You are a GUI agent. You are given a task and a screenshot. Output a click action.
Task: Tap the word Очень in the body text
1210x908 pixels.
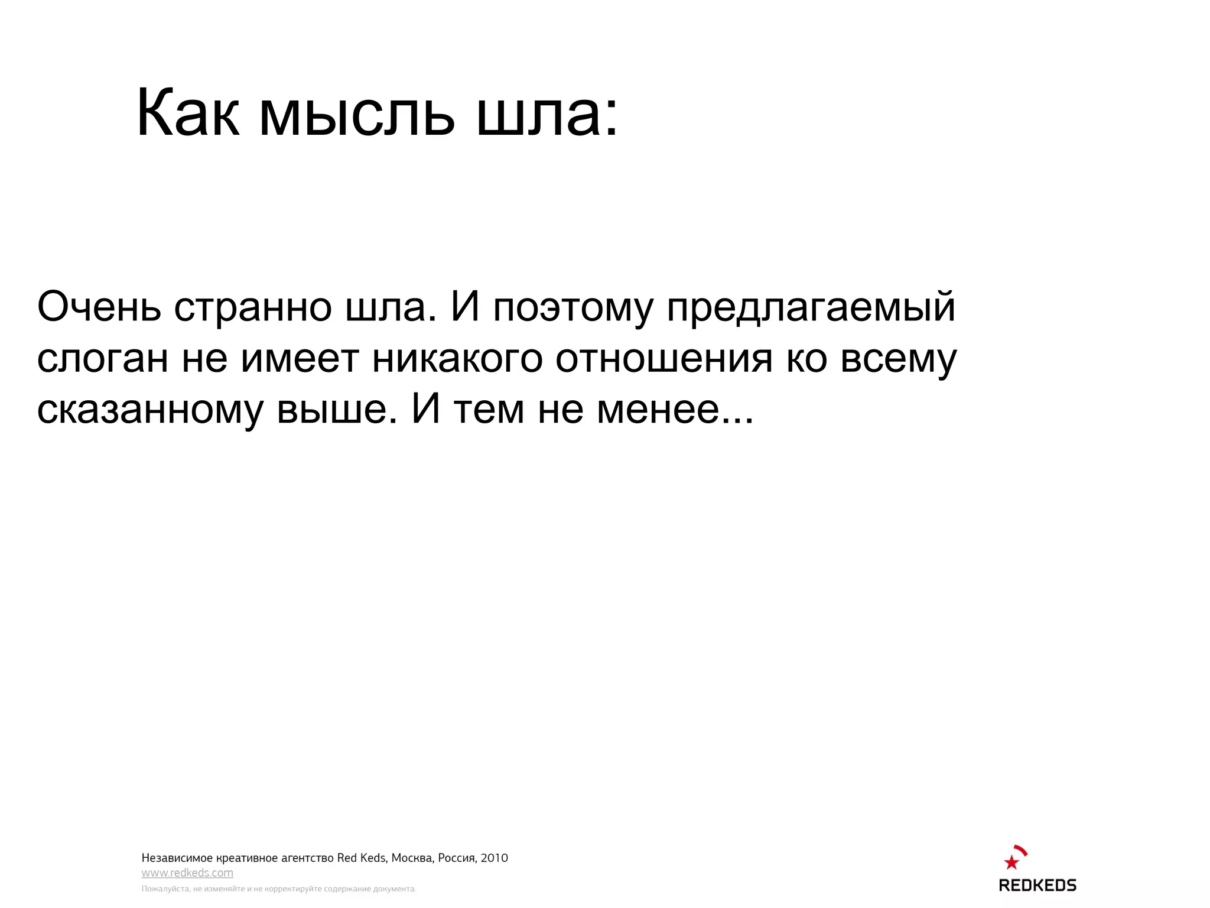point(99,307)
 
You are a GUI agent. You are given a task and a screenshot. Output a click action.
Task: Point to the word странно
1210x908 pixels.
point(253,307)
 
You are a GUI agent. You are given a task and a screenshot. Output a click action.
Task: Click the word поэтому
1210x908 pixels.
point(573,308)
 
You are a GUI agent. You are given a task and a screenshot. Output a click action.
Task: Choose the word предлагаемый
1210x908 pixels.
point(811,308)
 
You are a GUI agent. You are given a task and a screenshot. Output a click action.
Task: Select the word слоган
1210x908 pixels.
point(102,359)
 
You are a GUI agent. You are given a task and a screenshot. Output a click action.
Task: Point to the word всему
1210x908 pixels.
point(898,359)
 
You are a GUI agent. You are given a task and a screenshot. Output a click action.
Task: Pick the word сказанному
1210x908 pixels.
point(149,410)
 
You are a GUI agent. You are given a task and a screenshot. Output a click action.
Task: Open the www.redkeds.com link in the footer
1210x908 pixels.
point(187,873)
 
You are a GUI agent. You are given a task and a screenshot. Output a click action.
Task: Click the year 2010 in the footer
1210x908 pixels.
point(494,858)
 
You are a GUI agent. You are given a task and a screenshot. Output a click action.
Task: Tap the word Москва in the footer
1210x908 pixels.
point(412,858)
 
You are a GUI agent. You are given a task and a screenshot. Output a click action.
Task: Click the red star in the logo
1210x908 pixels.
point(1011,862)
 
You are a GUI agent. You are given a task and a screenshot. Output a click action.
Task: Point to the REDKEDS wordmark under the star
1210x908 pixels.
point(1037,885)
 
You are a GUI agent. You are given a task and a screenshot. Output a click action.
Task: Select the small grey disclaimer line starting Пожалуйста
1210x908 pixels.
point(278,889)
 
